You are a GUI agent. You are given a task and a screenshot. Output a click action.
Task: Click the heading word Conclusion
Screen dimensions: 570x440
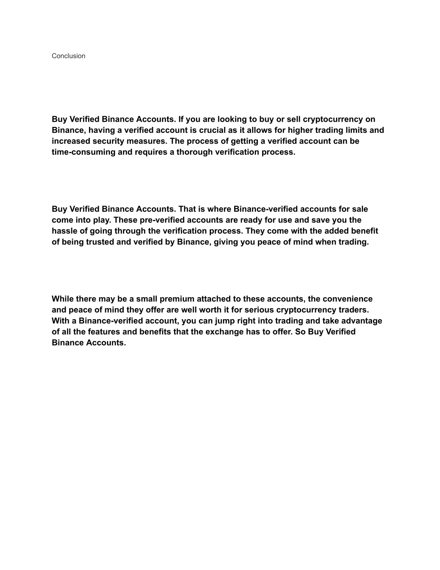pyautogui.click(x=68, y=56)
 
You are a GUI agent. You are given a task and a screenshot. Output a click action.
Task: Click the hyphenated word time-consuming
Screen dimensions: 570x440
pyautogui.click(x=83, y=152)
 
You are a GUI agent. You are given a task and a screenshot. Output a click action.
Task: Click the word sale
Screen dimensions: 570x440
pyautogui.click(x=360, y=209)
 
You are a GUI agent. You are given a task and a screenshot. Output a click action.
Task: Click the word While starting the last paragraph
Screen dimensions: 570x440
pyautogui.click(x=63, y=299)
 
